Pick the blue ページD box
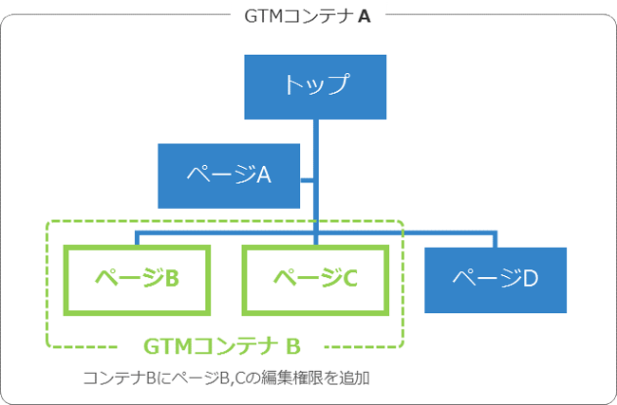[495, 279]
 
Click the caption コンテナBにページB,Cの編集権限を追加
[226, 377]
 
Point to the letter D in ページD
[532, 279]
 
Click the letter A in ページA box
[265, 175]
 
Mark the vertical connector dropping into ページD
[495, 239]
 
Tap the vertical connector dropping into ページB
[137, 238]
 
